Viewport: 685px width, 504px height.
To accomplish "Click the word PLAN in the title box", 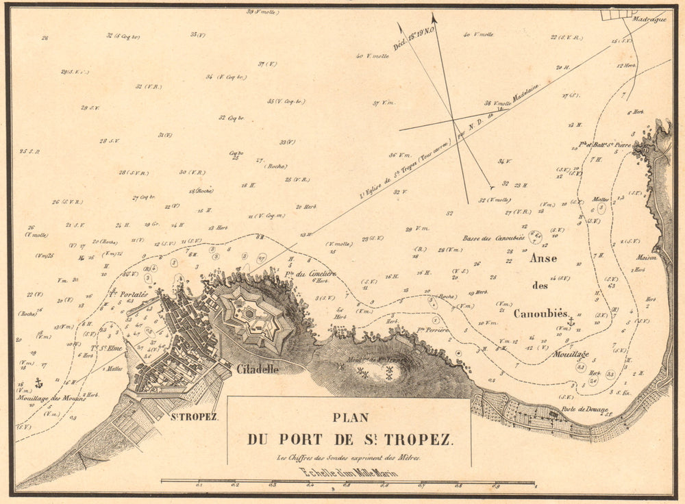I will tap(350, 417).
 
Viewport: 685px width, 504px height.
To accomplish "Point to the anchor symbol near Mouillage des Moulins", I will tap(38, 382).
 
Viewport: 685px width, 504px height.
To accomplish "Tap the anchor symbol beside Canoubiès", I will tap(570, 320).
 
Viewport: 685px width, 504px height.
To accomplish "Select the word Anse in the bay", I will tap(543, 258).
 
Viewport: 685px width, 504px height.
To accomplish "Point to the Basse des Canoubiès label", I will tap(493, 238).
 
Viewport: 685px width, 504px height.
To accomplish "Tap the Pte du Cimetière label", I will tap(314, 275).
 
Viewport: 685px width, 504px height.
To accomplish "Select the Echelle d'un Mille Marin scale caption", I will tap(349, 472).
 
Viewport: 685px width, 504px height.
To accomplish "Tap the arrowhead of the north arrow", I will tap(434, 18).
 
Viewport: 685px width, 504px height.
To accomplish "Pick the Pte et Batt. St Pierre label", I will tap(603, 145).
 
